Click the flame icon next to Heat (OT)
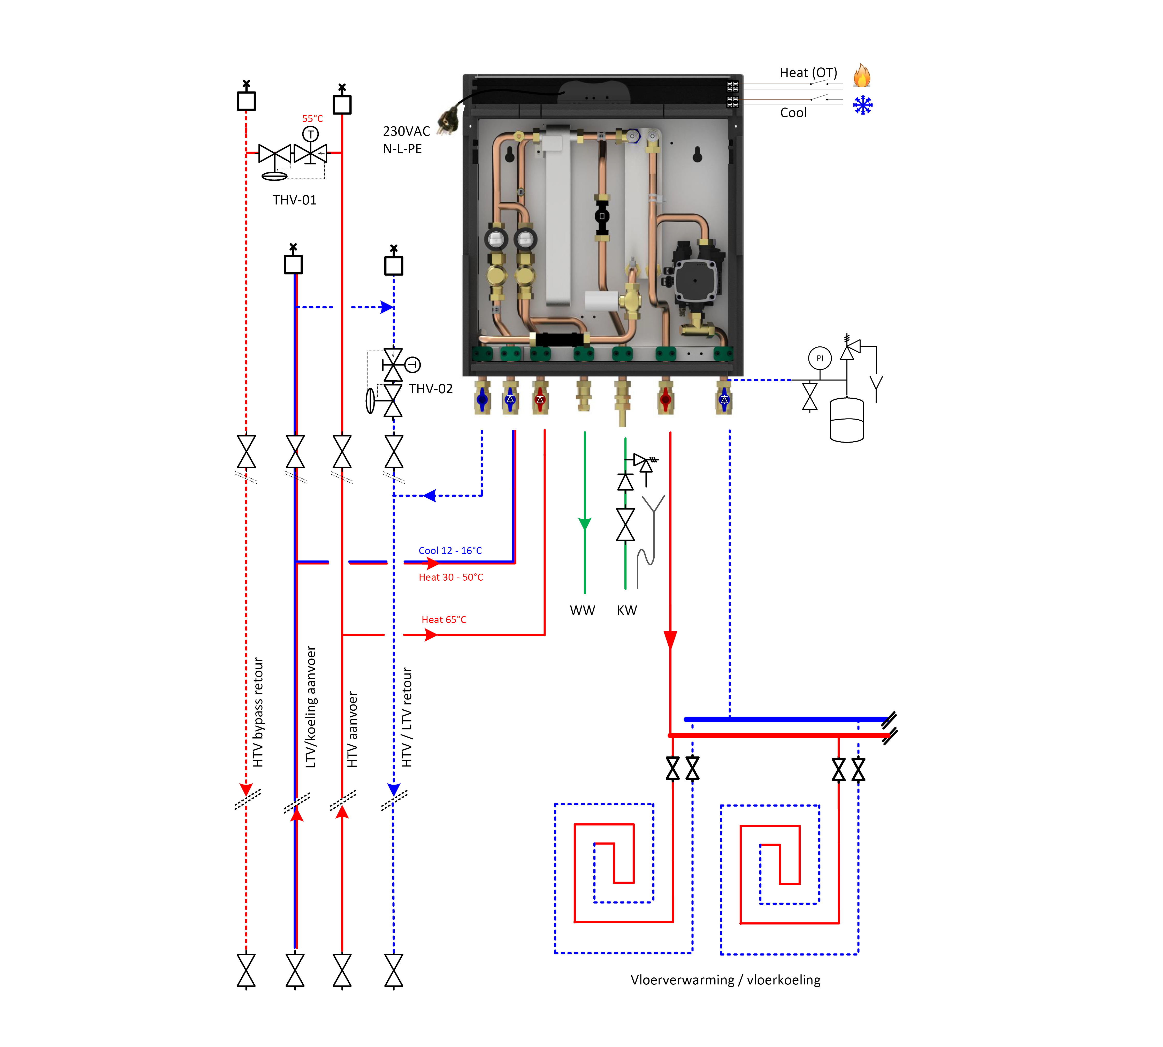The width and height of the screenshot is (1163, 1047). click(x=862, y=75)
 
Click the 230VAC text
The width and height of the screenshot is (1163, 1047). click(x=406, y=131)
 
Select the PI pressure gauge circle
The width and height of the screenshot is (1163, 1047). click(x=820, y=358)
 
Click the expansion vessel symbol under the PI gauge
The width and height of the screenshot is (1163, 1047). click(x=847, y=420)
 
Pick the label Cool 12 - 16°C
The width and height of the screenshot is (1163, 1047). click(x=450, y=551)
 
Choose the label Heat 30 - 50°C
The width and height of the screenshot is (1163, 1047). click(x=450, y=577)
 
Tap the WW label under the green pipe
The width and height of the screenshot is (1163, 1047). click(x=582, y=610)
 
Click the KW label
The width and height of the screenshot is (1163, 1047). click(x=626, y=610)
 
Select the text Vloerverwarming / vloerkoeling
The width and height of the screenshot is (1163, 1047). click(x=725, y=980)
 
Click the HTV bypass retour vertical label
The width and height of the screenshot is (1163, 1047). click(x=258, y=712)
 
